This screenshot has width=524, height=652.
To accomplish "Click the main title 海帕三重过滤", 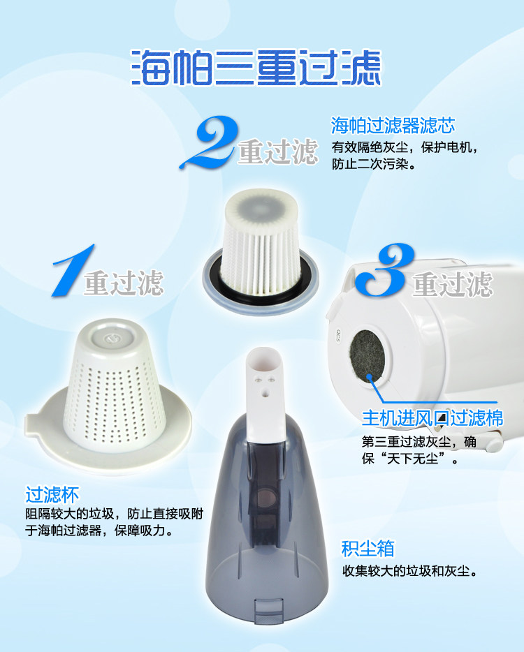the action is tap(256, 68).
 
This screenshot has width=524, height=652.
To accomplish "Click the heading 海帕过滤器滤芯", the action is tap(393, 125).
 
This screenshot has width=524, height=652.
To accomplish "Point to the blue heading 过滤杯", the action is tap(52, 494).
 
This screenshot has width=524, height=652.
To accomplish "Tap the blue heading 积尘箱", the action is tap(368, 549).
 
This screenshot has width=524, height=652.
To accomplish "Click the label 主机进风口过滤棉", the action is tap(432, 418).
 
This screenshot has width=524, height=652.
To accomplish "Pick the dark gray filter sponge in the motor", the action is tap(367, 356).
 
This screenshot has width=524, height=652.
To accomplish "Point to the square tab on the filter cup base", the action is tap(33, 427).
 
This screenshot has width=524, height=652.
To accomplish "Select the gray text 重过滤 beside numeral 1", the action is tap(124, 283).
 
